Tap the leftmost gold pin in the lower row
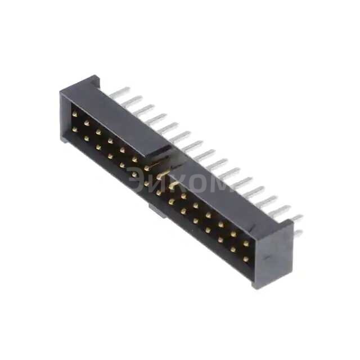(74, 129)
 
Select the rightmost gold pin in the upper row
(246, 244)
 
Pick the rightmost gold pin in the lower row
(246, 259)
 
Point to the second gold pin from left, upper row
(87, 119)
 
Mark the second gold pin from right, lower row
(233, 251)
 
